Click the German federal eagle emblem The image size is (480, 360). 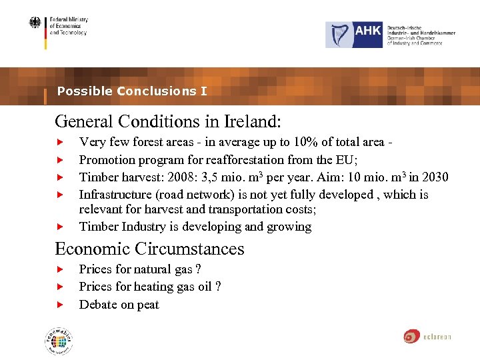35,23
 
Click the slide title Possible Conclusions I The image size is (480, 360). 132,91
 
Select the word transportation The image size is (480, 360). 247,209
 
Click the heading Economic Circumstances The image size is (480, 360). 150,249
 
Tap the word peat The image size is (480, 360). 148,305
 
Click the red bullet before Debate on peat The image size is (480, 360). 59,305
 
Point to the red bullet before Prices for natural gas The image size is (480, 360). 59,270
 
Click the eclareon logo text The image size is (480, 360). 437,337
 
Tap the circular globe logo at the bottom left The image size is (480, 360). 59,342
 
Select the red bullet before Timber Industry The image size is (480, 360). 59,227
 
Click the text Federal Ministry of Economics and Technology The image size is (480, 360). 68,26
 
